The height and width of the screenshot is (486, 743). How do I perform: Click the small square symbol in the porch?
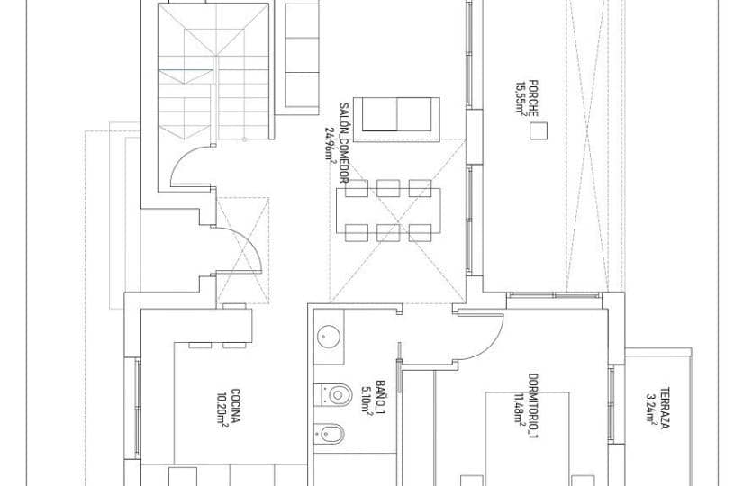click(x=538, y=131)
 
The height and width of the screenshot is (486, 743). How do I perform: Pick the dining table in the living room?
click(x=390, y=209)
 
